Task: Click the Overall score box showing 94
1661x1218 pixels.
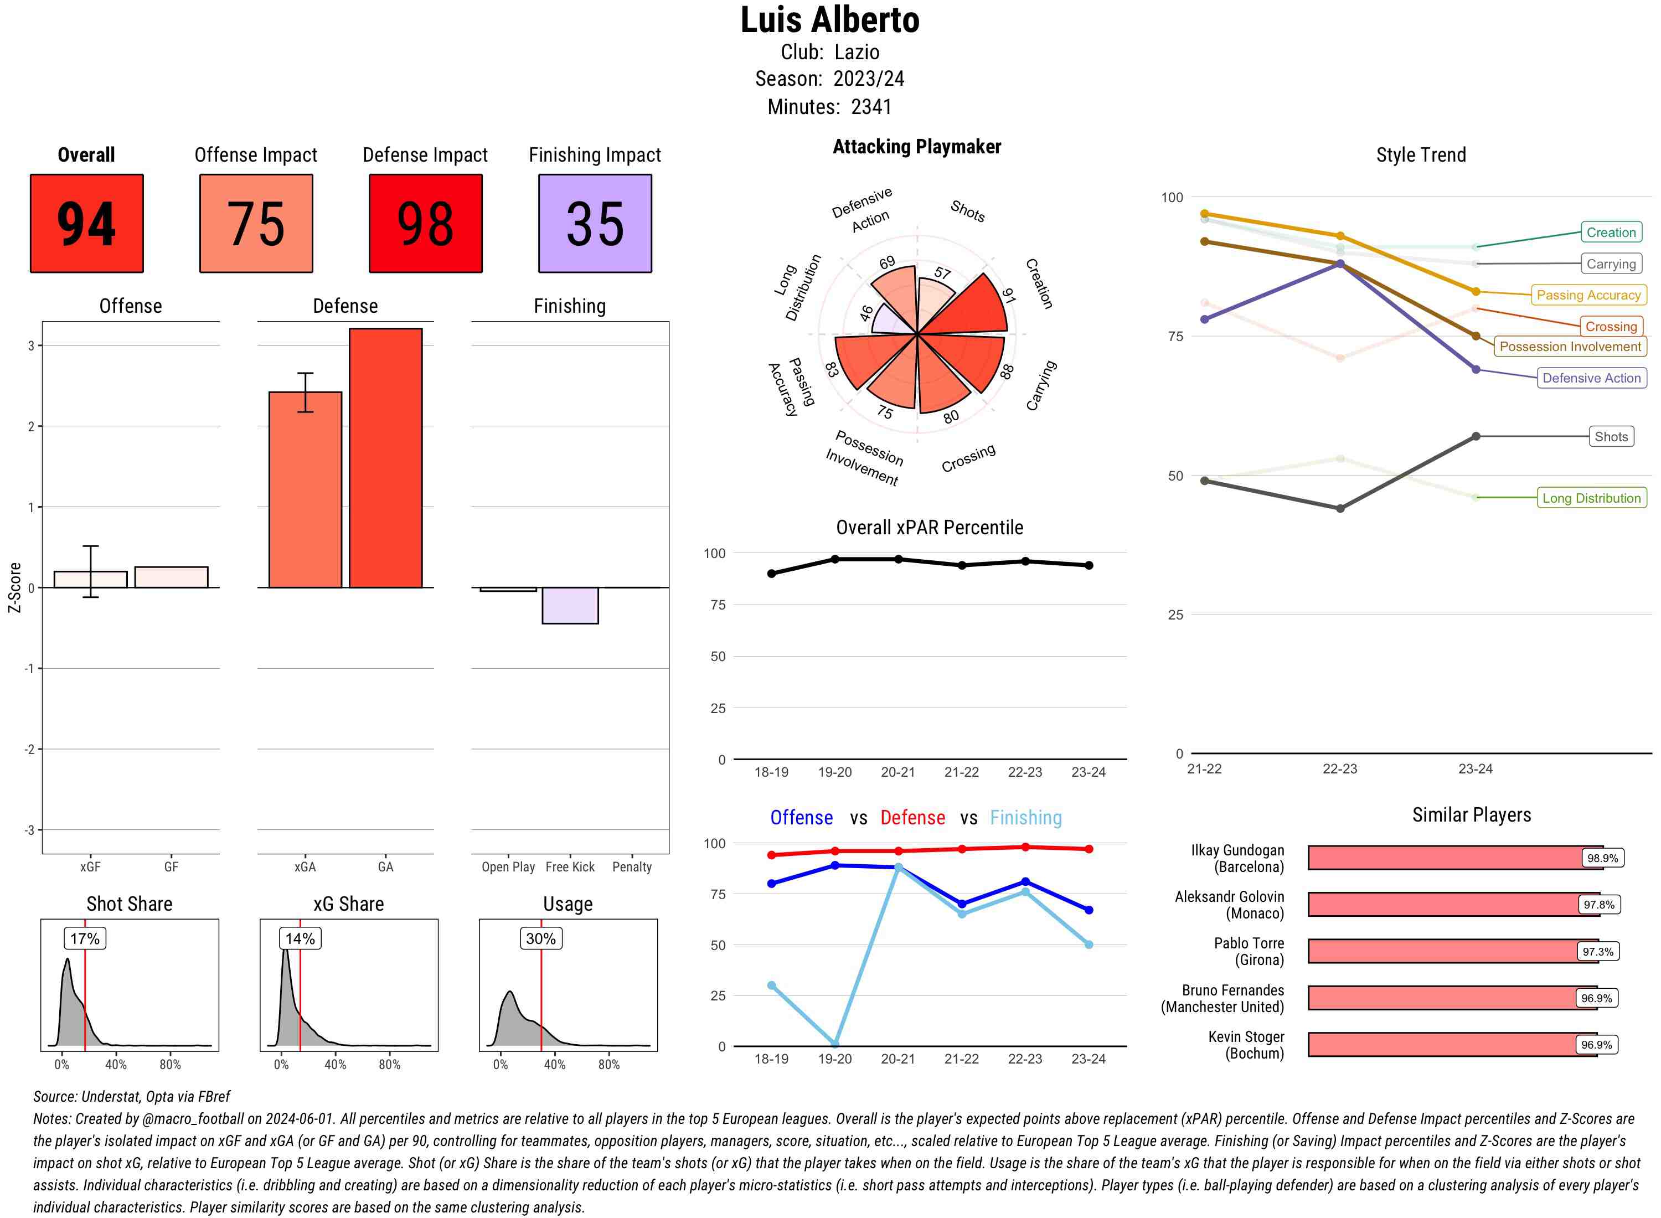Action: [x=86, y=224]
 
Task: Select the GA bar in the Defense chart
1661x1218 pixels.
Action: [x=385, y=457]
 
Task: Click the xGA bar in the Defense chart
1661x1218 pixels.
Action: [x=305, y=489]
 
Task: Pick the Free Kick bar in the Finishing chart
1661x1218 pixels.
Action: [x=570, y=605]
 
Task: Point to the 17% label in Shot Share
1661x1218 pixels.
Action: [x=85, y=938]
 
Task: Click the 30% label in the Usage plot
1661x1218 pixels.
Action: [x=540, y=938]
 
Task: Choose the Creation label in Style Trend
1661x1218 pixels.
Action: [x=1610, y=232]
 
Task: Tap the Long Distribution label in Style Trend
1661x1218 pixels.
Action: [x=1591, y=498]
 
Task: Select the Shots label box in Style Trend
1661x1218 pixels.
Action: [x=1610, y=436]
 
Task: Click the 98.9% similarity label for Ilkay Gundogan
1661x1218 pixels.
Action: [x=1602, y=858]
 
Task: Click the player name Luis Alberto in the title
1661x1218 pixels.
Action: [x=829, y=20]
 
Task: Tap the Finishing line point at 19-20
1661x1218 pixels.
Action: [x=834, y=1045]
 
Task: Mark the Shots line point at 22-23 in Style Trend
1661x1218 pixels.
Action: [x=1339, y=509]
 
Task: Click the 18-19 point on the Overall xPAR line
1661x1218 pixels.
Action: [x=771, y=574]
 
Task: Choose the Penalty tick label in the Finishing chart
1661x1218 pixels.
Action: [x=632, y=867]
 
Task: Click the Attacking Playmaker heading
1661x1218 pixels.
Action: [x=916, y=147]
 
